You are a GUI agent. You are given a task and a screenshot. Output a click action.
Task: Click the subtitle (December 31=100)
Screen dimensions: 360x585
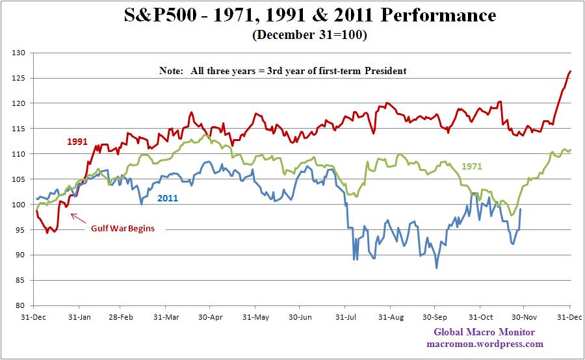tap(309, 36)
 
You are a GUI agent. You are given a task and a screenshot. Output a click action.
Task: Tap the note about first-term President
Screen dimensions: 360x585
tap(283, 70)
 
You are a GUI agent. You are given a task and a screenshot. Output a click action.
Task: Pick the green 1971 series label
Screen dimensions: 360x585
tap(472, 166)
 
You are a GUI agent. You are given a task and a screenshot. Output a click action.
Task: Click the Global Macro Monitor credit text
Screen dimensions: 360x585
tap(484, 333)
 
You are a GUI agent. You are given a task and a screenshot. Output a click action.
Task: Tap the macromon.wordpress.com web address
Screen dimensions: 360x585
tap(484, 344)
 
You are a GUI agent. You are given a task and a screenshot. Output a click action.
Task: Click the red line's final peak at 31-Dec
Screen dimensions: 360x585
tap(570, 71)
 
